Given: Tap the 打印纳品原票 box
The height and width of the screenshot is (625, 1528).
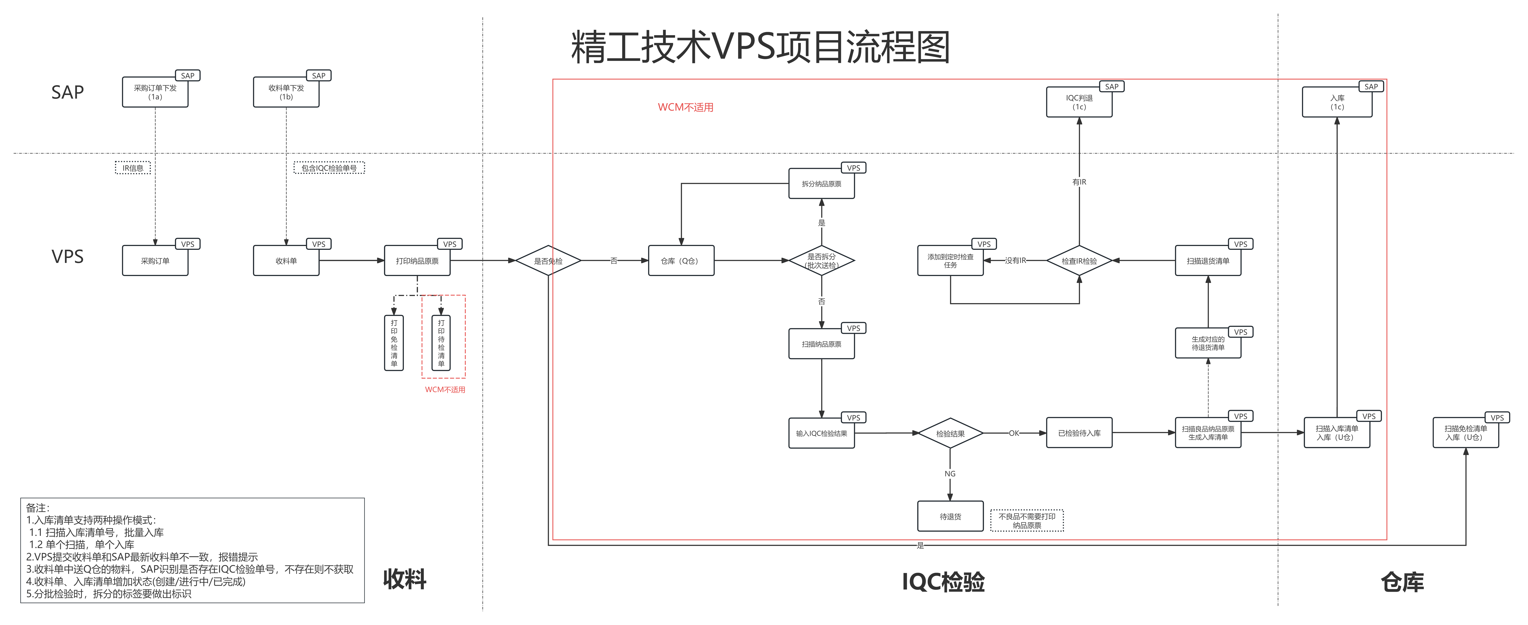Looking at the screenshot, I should click(x=417, y=261).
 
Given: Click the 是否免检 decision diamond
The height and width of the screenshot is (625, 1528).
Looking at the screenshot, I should click(x=547, y=261).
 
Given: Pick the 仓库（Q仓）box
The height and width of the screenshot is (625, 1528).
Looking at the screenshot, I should click(x=680, y=261).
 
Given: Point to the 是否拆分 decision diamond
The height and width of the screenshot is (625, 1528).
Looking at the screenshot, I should click(x=822, y=261).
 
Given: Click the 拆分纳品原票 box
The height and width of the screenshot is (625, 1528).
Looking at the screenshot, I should click(x=822, y=184).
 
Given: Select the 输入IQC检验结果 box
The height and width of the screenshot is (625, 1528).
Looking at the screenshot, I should click(x=822, y=433).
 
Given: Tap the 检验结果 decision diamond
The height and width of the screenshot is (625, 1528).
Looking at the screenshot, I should click(x=950, y=433).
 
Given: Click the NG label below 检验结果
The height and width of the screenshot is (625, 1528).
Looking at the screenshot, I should click(x=950, y=474).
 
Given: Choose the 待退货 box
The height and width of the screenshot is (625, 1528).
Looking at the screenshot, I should click(x=950, y=517).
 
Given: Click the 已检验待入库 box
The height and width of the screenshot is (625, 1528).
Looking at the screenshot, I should click(x=1079, y=433).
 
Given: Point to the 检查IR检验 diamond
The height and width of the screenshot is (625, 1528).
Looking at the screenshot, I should click(x=1079, y=261).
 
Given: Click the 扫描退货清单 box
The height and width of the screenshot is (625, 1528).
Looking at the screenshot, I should click(x=1208, y=261).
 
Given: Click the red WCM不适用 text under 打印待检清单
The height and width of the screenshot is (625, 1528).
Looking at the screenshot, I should click(x=445, y=390).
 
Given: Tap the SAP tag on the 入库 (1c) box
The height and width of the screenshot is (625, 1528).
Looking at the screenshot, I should click(x=1371, y=87).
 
